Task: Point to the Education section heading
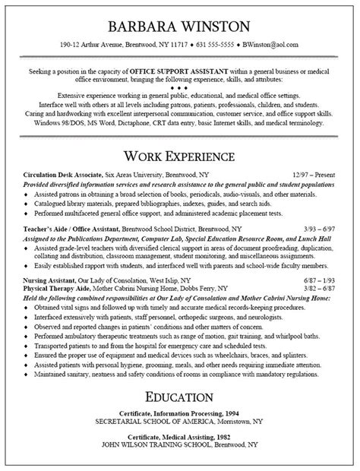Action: point(180,398)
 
